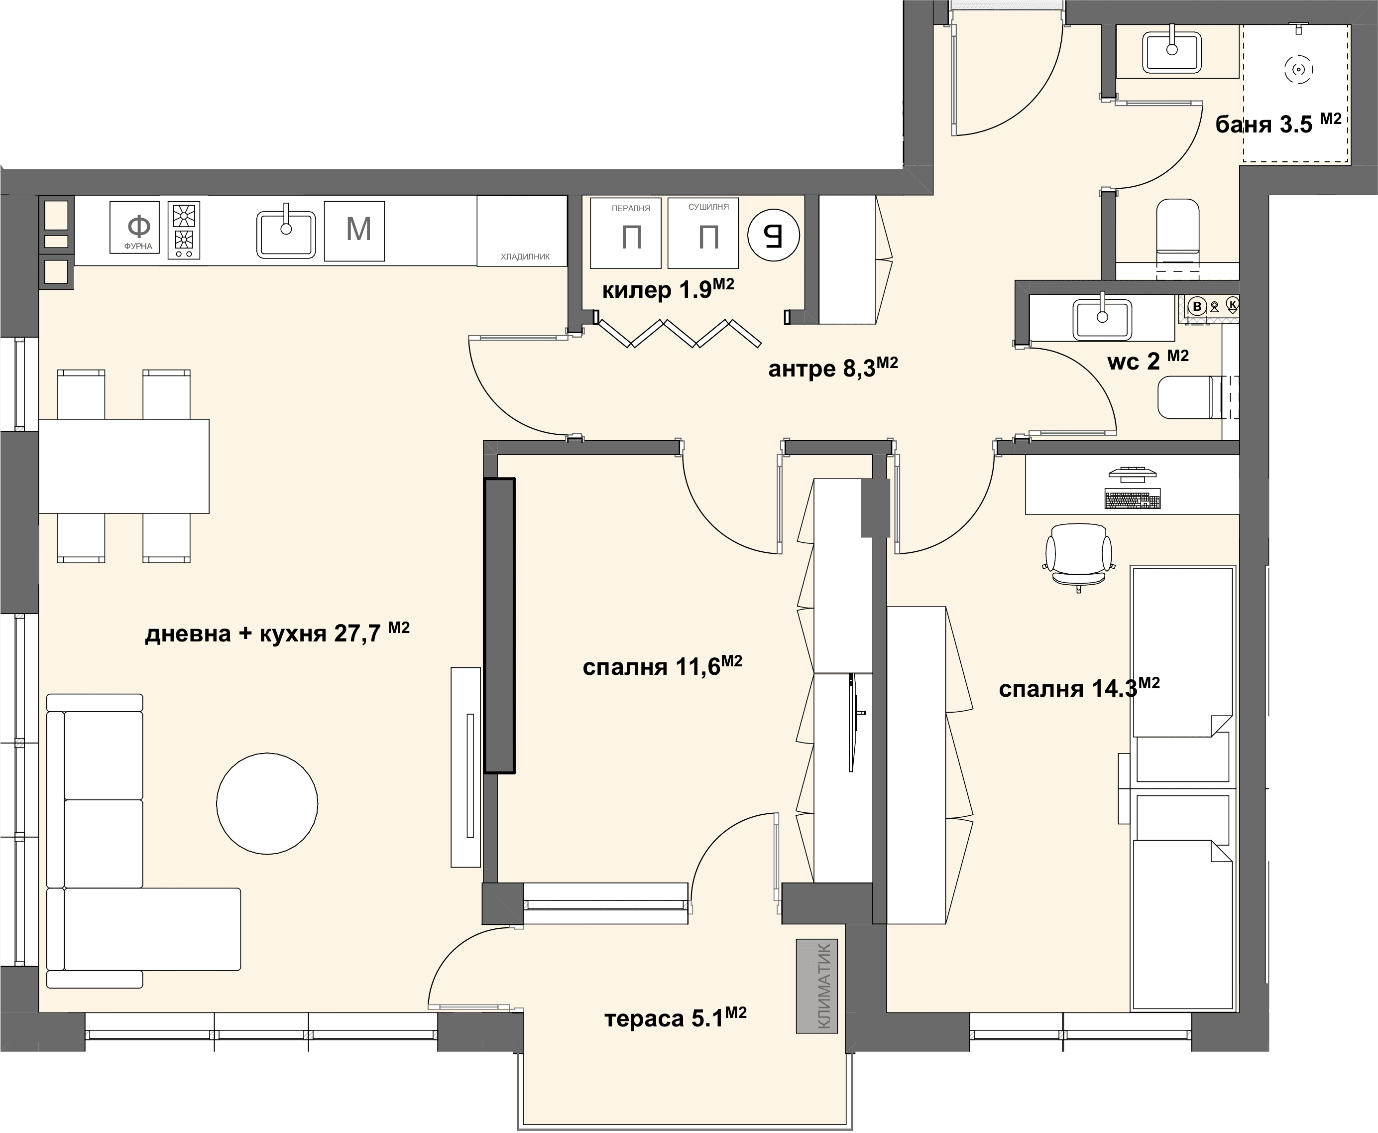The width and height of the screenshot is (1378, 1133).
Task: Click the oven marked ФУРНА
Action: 134,227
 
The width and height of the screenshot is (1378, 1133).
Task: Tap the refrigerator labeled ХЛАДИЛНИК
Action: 522,231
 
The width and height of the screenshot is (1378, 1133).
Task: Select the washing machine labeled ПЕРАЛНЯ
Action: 626,233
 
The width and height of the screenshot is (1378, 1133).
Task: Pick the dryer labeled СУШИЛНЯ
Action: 703,233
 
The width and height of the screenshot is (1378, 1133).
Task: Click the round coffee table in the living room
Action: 267,803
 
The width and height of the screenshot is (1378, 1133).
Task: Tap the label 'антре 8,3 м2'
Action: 833,368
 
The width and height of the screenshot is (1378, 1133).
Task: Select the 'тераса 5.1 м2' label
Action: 675,1017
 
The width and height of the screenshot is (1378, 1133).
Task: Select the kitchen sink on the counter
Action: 286,233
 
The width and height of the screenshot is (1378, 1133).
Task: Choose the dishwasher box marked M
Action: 354,231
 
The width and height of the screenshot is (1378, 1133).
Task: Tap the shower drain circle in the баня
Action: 1298,70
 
